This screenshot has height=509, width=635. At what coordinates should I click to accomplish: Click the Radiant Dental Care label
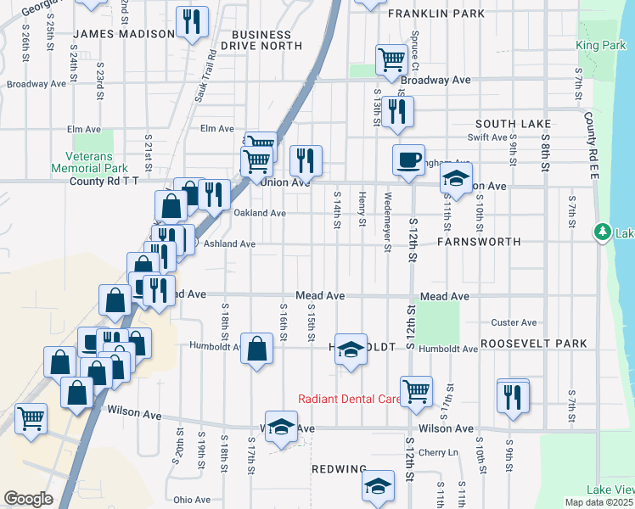[349, 399]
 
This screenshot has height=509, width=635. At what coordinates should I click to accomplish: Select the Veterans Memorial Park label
[96, 162]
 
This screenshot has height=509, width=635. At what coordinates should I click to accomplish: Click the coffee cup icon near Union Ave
[408, 159]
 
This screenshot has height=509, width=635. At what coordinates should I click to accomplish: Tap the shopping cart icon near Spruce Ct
[391, 60]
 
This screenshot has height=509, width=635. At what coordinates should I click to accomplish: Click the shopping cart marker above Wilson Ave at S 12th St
[416, 392]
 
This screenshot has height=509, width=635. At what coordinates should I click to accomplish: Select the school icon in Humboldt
[350, 350]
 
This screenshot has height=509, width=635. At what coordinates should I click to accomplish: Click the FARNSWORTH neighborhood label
[478, 242]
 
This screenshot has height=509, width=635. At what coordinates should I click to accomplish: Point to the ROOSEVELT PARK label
[533, 344]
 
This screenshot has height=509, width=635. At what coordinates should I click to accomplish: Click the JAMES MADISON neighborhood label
[124, 34]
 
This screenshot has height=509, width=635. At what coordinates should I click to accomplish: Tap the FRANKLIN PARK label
[436, 14]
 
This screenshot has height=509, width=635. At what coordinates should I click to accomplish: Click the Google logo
[28, 499]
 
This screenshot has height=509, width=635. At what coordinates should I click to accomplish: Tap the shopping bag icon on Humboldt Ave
[256, 348]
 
